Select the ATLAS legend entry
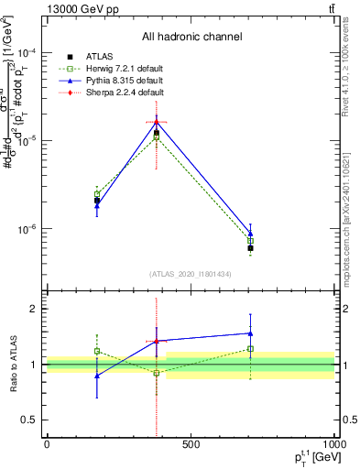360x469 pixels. tap(97, 57)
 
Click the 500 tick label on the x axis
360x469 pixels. tap(191, 444)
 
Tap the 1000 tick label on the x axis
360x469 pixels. tap(332, 444)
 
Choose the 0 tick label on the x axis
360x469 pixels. tap(47, 444)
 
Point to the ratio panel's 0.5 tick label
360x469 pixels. tap(30, 420)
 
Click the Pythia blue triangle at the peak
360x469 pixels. tap(157, 122)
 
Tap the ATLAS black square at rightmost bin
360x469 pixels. tap(250, 248)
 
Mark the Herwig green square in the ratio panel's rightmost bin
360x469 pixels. tap(250, 349)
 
